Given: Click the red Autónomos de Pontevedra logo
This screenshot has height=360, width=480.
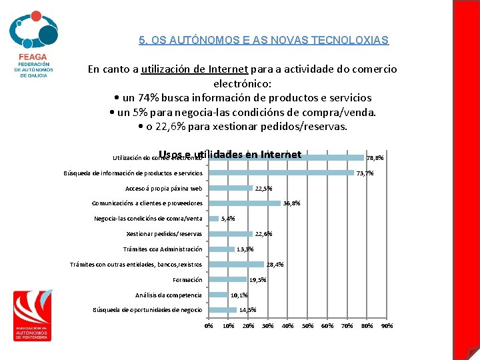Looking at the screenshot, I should click(31, 315).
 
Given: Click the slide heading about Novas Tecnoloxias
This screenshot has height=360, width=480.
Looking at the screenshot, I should click(263, 40).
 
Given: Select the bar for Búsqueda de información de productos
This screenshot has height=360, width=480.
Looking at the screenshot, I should click(281, 173).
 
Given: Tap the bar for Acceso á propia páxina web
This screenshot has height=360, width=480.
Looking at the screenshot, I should click(231, 188).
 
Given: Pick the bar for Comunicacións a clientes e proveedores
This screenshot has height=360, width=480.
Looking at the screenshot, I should click(245, 203).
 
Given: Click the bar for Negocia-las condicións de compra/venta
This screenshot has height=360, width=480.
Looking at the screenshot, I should click(214, 218).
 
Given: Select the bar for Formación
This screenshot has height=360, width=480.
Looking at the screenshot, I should click(227, 279).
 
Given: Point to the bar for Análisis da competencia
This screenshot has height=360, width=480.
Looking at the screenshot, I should click(219, 295).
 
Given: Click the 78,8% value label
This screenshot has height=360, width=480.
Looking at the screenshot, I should click(375, 158).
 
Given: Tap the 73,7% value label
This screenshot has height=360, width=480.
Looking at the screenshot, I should click(365, 173).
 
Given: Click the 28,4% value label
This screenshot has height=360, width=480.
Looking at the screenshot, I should click(275, 265).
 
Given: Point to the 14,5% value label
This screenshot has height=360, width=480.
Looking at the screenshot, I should click(247, 310).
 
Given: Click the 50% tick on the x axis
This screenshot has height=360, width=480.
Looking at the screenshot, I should click(307, 326).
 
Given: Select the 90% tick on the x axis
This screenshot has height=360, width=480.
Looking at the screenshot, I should click(387, 326).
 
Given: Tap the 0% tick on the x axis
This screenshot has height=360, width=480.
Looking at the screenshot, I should click(209, 326).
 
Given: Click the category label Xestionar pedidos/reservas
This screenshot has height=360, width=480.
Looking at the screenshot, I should click(164, 234).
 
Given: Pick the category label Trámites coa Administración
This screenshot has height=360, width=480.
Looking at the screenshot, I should click(163, 249).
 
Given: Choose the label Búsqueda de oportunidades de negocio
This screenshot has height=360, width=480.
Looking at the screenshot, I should click(147, 310).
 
